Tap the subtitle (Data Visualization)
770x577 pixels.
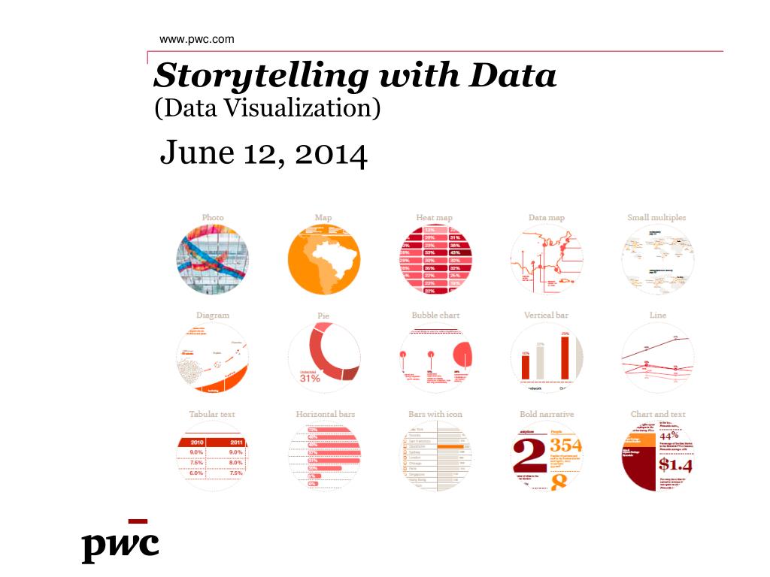267,108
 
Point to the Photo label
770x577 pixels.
213,218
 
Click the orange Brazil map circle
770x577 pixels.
324,259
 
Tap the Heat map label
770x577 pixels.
435,218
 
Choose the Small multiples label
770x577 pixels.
656,218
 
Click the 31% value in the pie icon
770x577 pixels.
310,378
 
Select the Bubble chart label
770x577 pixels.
435,316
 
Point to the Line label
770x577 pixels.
658,316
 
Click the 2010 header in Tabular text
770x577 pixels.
197,442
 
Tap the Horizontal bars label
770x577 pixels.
326,414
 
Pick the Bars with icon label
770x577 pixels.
435,414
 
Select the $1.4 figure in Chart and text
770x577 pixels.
675,465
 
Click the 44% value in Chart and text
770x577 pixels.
669,436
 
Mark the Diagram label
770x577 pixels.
213,316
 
